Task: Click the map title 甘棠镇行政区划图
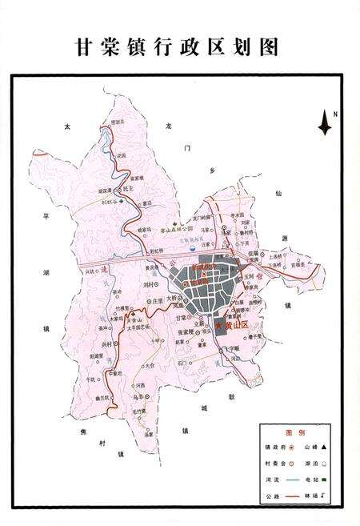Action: point(177,47)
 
